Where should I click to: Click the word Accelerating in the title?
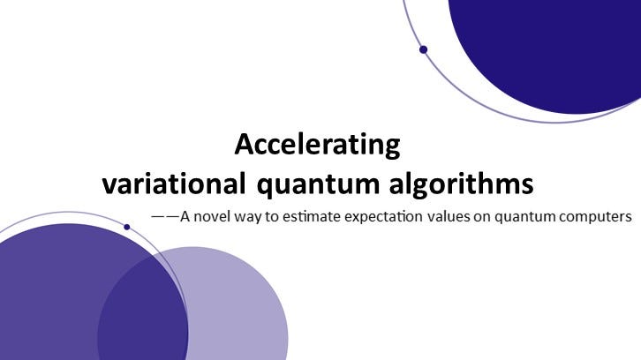317,145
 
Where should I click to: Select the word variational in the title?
174,183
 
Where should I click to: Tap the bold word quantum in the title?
318,184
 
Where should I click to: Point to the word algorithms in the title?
461,183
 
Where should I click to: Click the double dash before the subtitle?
166,216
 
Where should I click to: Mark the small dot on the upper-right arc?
424,49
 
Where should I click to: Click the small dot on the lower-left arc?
127,227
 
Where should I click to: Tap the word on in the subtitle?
482,217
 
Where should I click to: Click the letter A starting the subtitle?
185,216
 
